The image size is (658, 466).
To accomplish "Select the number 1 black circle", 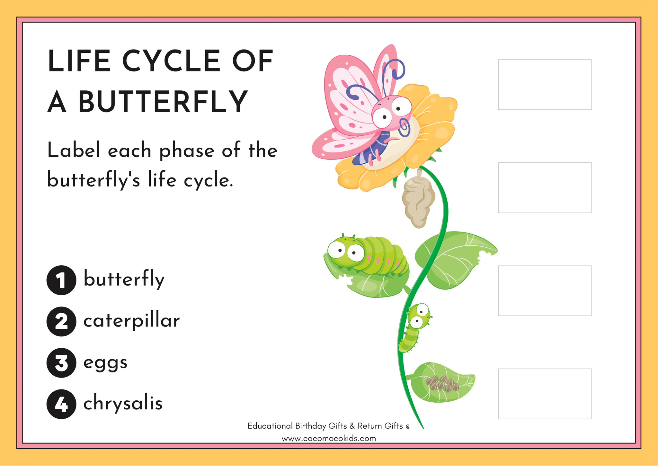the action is point(61,280).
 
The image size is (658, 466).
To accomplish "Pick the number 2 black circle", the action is point(61,322).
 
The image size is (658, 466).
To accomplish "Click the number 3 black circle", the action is point(61,363).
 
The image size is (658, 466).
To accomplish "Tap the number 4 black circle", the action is point(61,404).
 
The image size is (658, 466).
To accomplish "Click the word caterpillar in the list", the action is point(131,321).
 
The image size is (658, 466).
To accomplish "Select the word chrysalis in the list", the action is point(123,403).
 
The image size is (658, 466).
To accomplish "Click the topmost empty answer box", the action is point(545,85).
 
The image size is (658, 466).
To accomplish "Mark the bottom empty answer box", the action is point(545,394).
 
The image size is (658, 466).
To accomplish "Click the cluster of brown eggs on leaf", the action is point(442,384).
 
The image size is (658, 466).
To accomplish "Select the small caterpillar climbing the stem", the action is point(414,327).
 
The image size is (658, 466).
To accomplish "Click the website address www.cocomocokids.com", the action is point(329,438).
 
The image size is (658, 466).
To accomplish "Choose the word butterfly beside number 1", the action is point(124,279).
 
